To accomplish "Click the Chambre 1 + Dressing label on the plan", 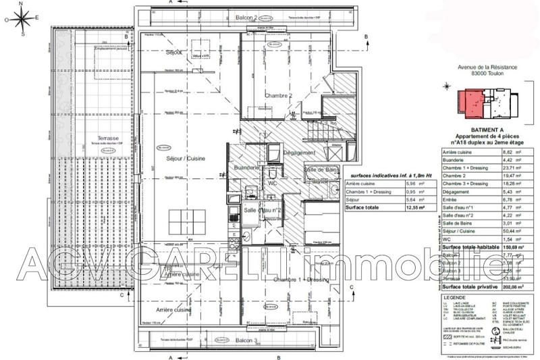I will [x=301, y=279].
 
